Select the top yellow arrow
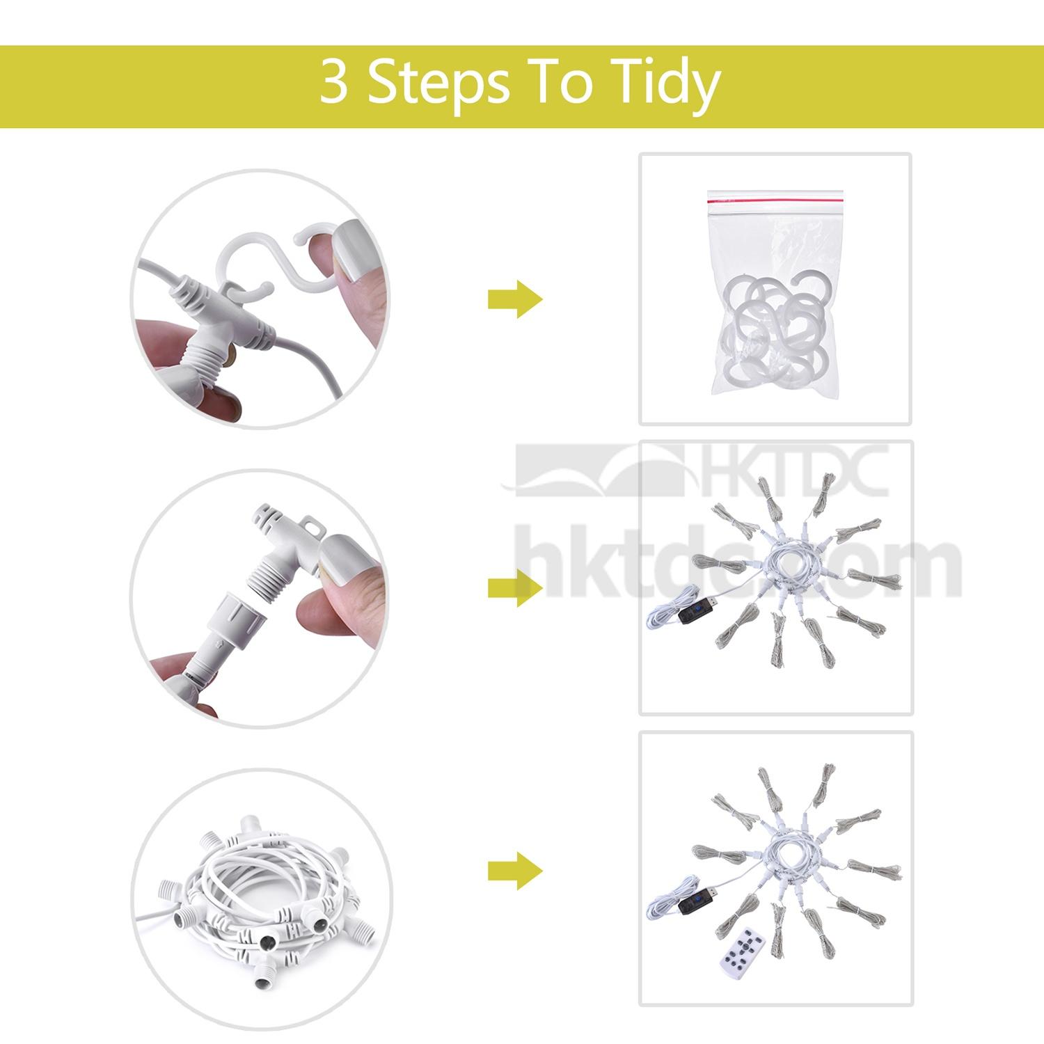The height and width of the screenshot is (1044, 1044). coord(515,300)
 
